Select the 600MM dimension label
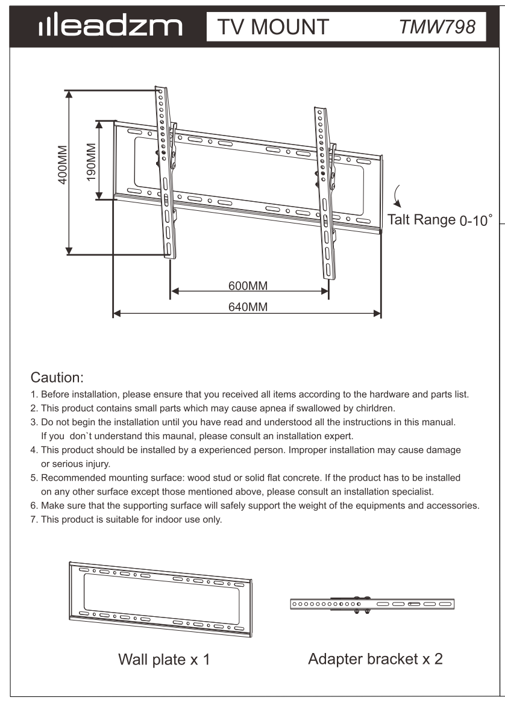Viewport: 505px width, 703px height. click(x=248, y=285)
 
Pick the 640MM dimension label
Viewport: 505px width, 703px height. click(x=248, y=307)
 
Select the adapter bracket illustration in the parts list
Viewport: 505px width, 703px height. click(x=372, y=604)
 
